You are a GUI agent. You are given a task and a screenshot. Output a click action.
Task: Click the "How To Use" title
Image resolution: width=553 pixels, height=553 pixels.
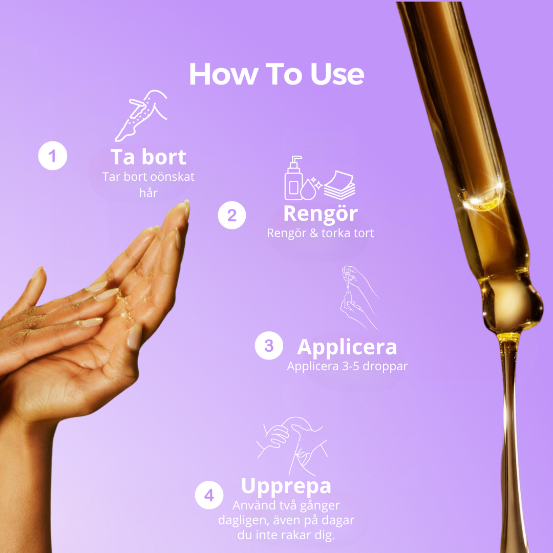click(276, 74)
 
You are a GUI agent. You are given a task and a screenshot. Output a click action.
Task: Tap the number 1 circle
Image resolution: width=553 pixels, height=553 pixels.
click(53, 156)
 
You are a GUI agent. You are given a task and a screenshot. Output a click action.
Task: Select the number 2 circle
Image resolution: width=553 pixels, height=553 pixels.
click(232, 215)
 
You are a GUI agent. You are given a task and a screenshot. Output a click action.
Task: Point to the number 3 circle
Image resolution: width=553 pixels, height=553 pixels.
click(269, 346)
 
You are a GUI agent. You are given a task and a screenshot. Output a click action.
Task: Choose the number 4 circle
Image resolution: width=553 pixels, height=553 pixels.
click(209, 495)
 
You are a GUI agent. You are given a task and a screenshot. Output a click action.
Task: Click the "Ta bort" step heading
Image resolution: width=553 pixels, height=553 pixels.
click(148, 157)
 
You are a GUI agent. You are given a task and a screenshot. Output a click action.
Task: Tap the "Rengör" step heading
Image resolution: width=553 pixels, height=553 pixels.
click(321, 214)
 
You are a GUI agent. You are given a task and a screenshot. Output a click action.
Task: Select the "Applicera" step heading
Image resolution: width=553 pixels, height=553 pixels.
click(347, 347)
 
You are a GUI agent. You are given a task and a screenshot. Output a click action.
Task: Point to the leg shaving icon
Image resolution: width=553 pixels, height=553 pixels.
click(141, 115)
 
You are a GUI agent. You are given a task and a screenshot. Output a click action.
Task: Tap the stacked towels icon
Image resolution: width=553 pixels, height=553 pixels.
click(339, 185)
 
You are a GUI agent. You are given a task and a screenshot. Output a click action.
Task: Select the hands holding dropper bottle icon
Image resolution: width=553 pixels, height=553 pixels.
click(359, 298)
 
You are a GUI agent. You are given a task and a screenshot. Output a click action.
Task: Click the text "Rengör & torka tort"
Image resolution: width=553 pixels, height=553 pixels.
click(320, 233)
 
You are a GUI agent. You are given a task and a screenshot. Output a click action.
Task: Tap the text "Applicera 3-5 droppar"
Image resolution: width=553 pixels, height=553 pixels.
click(347, 367)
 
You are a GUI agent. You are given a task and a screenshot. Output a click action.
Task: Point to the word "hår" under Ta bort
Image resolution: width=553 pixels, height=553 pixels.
click(148, 193)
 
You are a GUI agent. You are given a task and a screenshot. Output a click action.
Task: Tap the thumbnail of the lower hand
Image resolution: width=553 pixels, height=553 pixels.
click(134, 337)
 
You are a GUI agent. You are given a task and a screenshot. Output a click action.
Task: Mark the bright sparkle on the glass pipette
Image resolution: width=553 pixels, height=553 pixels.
click(498, 186)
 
